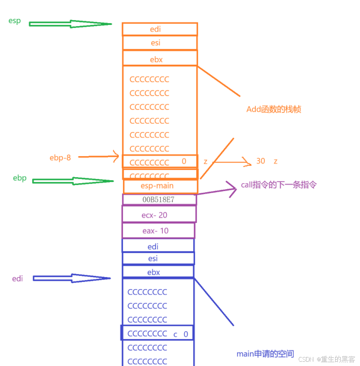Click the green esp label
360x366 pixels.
point(15,21)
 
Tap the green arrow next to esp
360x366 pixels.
point(70,24)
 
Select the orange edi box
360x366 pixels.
point(159,29)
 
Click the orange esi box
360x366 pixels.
point(159,43)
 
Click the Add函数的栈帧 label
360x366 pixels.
point(273,109)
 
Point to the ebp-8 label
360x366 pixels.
point(60,157)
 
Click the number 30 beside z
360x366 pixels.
point(261,161)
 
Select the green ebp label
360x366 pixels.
point(20,178)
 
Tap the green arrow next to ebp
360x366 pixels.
point(72,181)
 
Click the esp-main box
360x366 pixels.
point(160,186)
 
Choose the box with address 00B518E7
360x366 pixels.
point(159,200)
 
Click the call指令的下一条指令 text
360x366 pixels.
point(279,185)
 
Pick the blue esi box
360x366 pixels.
point(158,258)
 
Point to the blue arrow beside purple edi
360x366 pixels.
point(71,278)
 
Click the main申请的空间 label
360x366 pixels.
point(265,354)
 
